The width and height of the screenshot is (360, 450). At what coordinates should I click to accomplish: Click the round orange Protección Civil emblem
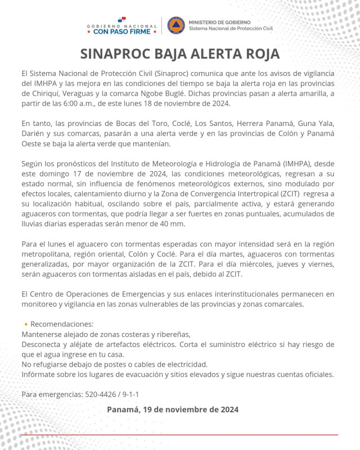[175, 25]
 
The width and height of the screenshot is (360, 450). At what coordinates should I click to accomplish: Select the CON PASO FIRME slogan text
[121, 31]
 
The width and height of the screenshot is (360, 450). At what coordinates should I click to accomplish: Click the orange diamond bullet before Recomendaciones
[25, 325]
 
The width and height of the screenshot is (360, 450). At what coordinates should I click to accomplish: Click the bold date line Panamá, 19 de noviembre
[173, 409]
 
